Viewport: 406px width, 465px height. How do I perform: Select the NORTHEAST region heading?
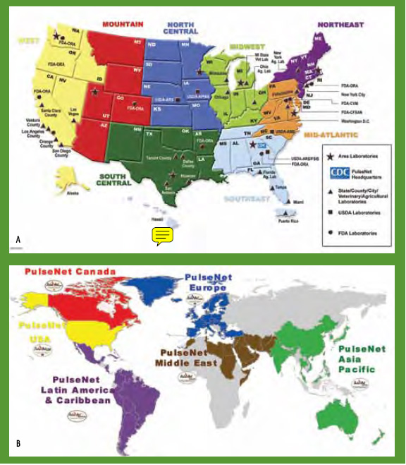pyautogui.click(x=340, y=25)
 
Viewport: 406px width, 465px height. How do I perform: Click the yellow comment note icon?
pyautogui.click(x=163, y=236)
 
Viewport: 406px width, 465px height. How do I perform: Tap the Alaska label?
pyautogui.click(x=73, y=193)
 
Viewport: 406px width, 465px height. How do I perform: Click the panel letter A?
pyautogui.click(x=18, y=241)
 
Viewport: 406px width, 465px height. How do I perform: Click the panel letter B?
pyautogui.click(x=18, y=444)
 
